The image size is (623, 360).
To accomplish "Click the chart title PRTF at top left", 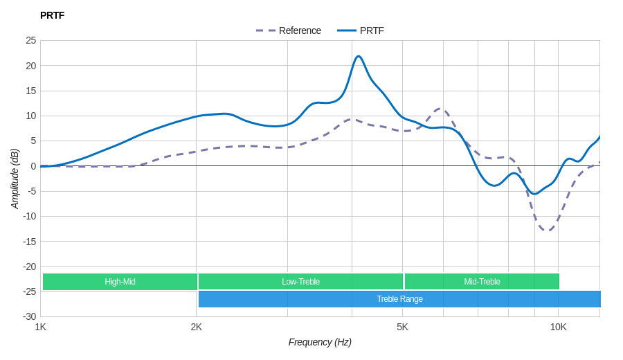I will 52,15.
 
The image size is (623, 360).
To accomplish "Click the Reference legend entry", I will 299,30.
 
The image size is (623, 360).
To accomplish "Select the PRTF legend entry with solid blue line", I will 371,30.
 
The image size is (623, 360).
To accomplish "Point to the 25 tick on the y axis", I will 31,40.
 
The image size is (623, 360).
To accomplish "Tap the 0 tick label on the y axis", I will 33,166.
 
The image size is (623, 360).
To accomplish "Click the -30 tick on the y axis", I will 29,316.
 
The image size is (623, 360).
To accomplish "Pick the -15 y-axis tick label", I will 29,241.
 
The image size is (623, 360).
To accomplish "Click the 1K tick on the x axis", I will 41,327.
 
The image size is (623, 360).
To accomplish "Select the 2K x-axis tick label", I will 197,327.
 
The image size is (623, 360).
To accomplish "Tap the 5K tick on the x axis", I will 402,327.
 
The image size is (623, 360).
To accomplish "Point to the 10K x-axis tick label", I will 558,327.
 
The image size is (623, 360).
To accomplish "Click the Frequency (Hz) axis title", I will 320,342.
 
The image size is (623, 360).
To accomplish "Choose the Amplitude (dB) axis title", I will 15,179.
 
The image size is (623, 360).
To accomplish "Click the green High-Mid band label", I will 120,282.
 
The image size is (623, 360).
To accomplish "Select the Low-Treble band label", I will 300,282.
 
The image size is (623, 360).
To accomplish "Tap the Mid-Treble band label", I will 482,282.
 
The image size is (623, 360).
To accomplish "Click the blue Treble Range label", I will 399,299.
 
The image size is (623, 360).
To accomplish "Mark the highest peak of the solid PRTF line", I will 358,57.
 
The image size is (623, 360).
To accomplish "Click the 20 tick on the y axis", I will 31,66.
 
